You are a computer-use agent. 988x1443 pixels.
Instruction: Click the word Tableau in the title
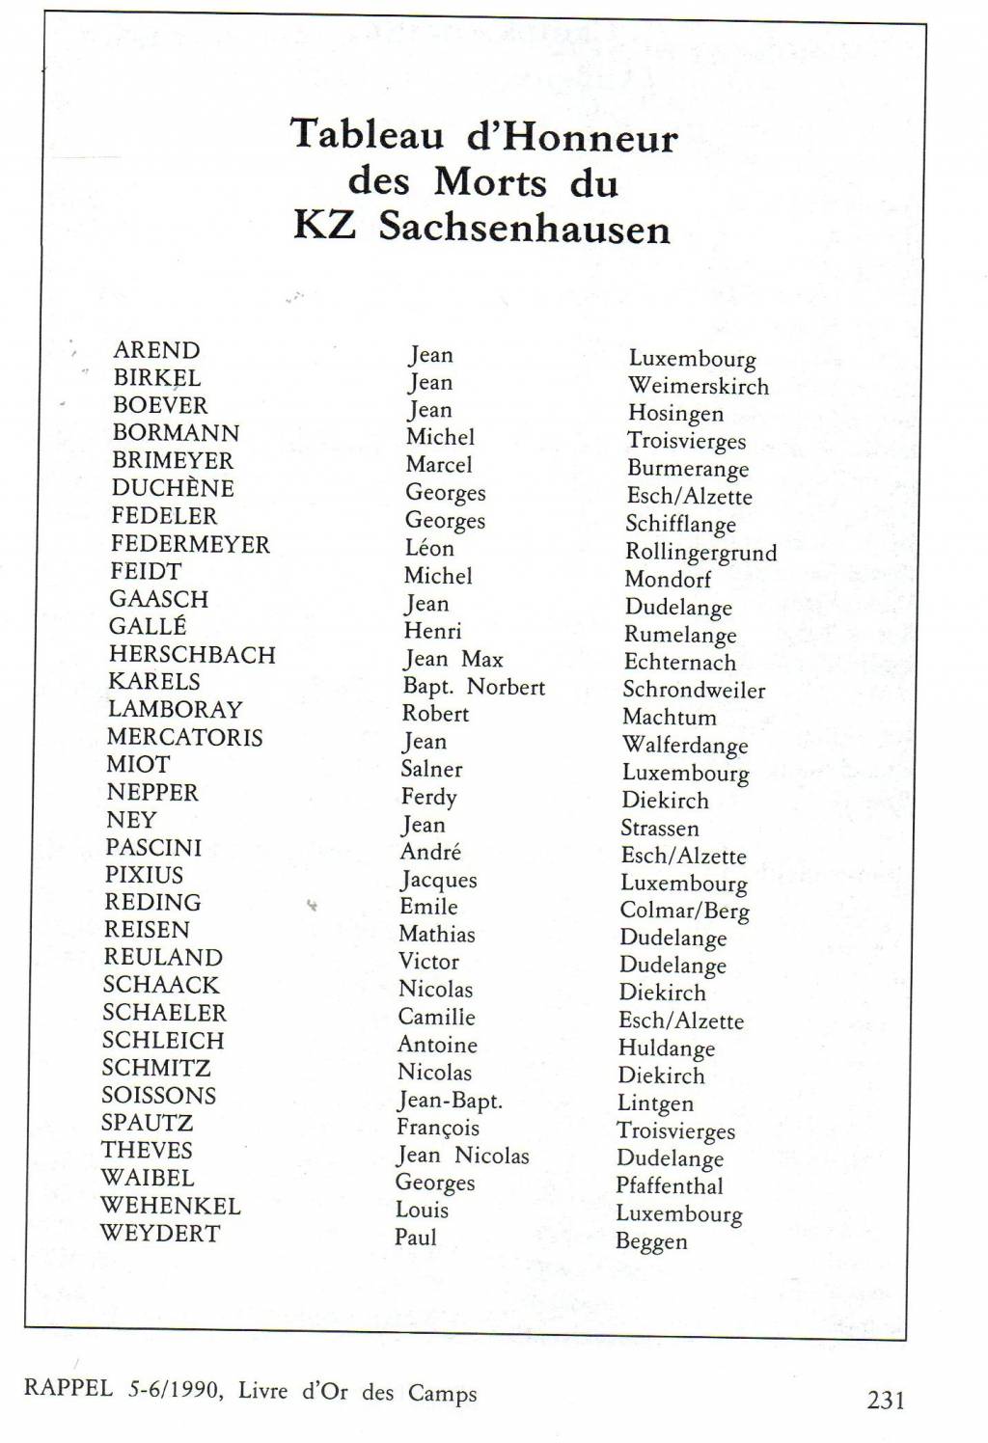(367, 134)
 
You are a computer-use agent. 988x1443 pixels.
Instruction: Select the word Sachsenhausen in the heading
(524, 229)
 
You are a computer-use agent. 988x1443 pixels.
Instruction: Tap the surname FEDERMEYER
(190, 544)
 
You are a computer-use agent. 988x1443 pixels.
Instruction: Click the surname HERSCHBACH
(192, 655)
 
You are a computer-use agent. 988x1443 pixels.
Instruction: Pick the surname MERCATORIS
(184, 738)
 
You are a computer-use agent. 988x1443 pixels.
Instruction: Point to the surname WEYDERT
(160, 1234)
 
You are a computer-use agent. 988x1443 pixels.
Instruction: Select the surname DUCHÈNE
(173, 488)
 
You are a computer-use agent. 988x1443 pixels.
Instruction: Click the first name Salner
(431, 770)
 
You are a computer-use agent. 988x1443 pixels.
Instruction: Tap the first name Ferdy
(428, 798)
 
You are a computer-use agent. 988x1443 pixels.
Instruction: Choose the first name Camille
(436, 1018)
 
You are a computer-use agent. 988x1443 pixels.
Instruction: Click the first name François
(437, 1129)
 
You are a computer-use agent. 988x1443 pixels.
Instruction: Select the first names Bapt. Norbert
(474, 688)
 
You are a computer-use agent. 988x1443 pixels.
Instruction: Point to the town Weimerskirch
(699, 387)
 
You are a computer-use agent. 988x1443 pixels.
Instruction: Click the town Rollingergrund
(700, 553)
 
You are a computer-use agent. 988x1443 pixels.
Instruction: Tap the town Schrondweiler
(694, 691)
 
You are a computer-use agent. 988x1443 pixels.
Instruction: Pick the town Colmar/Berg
(684, 912)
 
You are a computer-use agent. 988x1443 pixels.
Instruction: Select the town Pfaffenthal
(670, 1186)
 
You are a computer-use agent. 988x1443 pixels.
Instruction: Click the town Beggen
(651, 1242)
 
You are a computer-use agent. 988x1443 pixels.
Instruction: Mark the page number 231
(886, 1400)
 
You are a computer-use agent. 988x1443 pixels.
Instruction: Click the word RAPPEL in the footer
(68, 1390)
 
